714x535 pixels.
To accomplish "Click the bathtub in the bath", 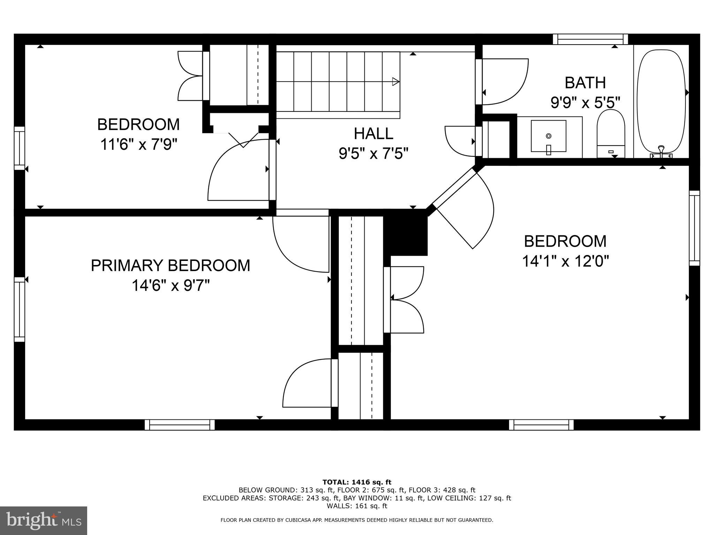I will coord(661,101).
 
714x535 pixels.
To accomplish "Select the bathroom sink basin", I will coord(548,136).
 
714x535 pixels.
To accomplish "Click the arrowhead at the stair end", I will coord(395,82).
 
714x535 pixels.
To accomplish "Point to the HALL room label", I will coord(373,133).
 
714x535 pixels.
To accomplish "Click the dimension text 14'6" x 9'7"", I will coord(170,286).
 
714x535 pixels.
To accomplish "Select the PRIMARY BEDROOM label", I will coord(170,265).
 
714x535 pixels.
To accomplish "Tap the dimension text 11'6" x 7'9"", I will coord(139,144).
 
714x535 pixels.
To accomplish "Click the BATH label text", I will coord(585,83).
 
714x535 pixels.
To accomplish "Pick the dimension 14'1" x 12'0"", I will coord(565,261).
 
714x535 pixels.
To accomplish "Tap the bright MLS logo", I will coord(43,520).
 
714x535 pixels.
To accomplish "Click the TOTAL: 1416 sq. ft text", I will coord(357,482).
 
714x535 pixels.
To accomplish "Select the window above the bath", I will coord(590,39).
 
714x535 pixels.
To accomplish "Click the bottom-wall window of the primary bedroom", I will coord(180,425).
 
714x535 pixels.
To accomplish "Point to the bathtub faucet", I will coord(661,150).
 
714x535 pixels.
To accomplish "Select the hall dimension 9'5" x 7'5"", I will coord(373,153).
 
